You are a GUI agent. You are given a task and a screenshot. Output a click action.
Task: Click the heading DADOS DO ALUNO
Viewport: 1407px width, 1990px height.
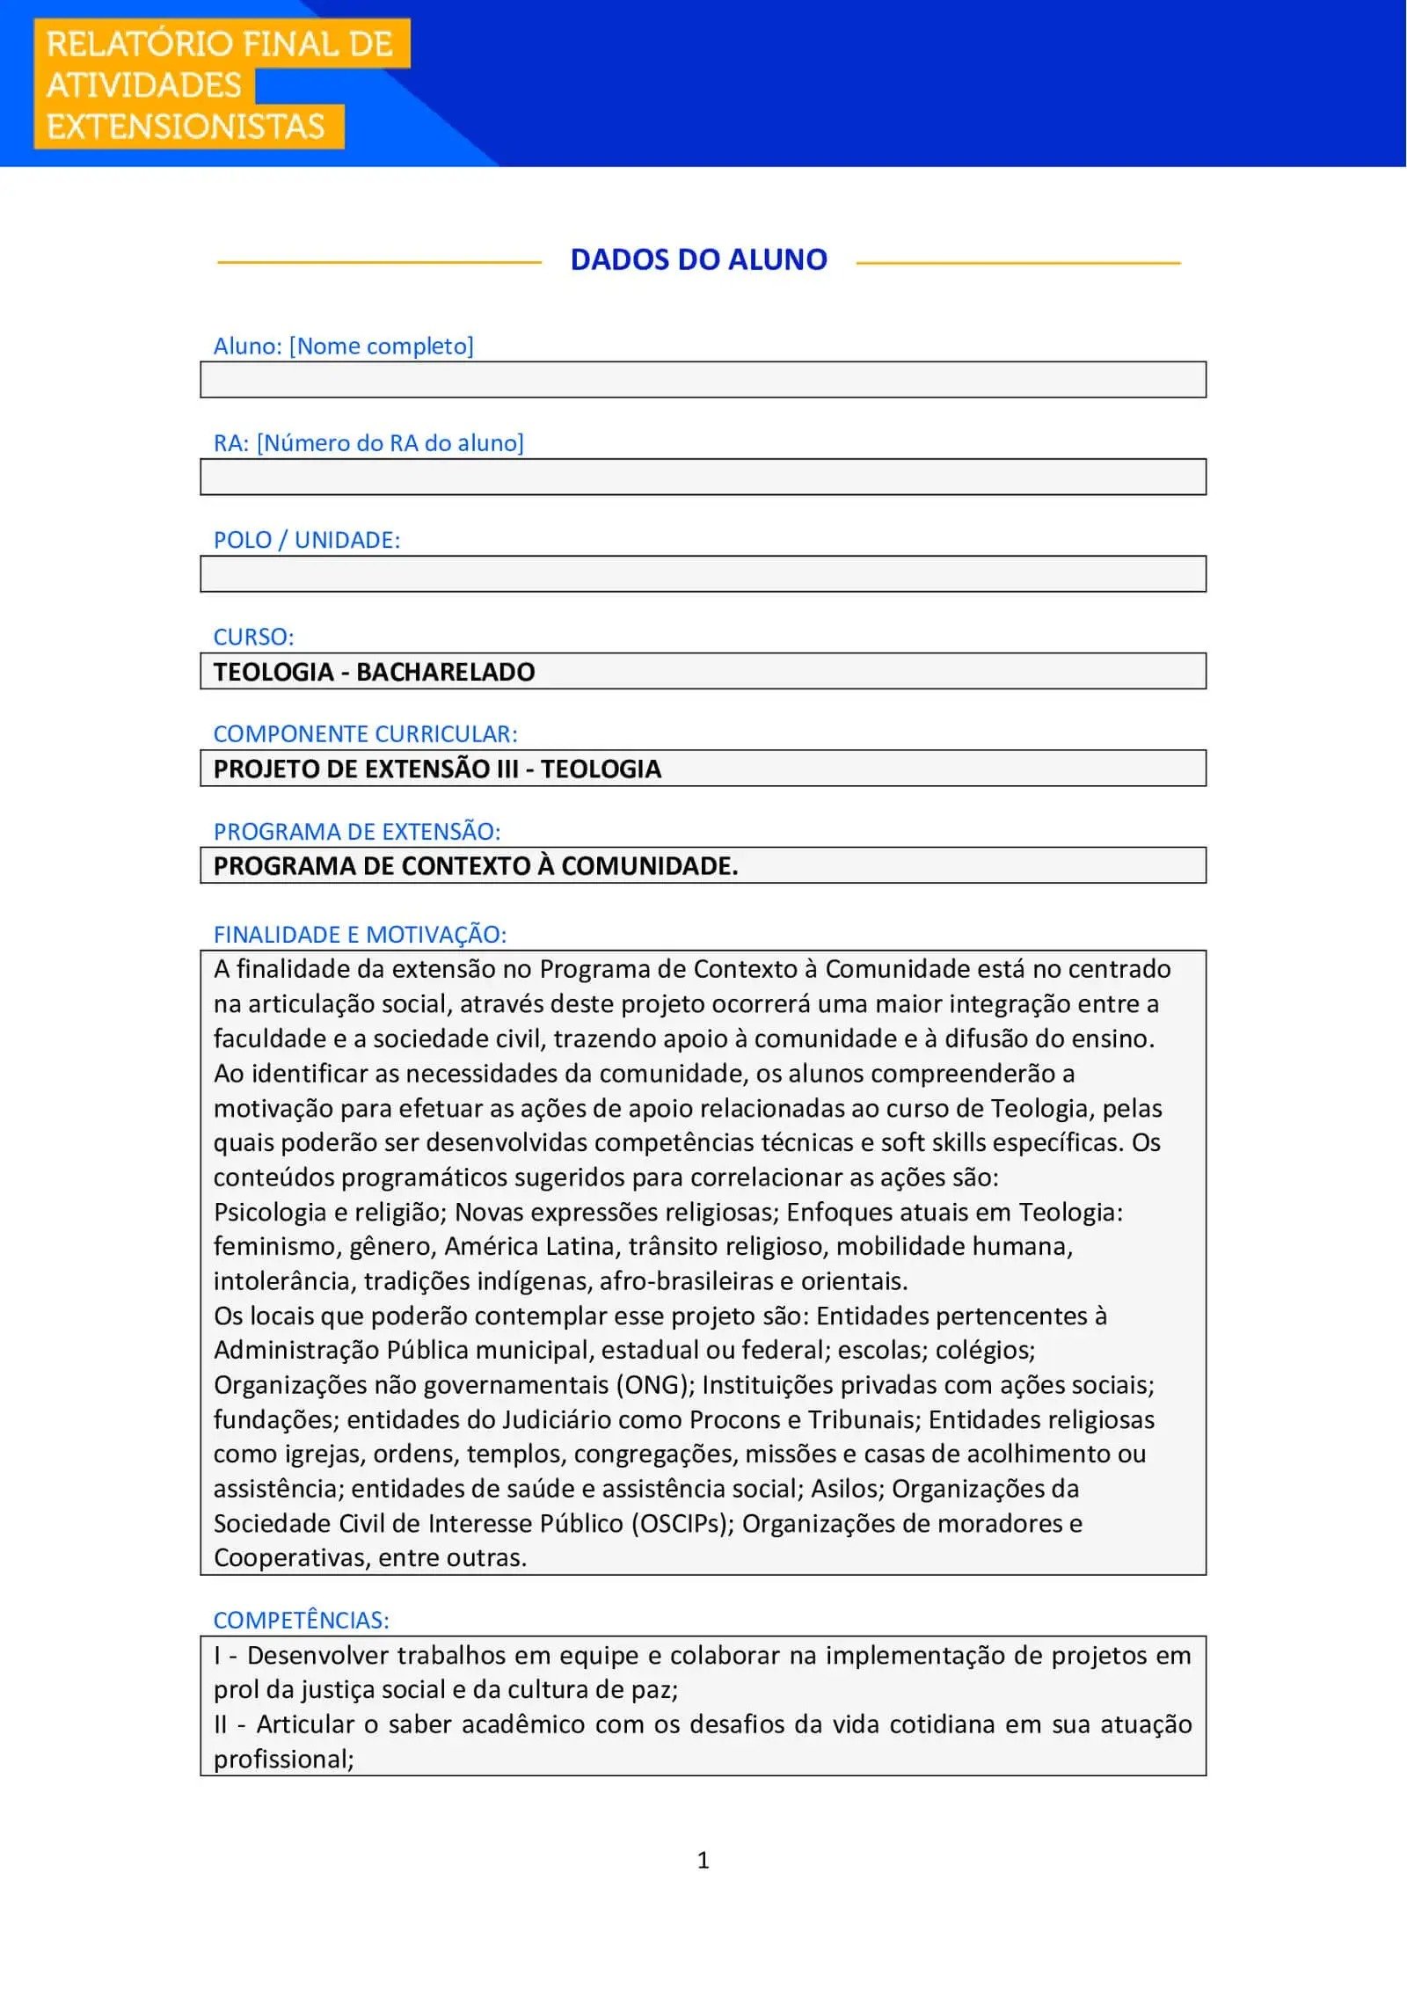(698, 259)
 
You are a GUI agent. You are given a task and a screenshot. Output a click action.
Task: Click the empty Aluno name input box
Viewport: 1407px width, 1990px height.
(703, 380)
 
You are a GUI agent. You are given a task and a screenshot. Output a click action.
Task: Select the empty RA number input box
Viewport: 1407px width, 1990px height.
(703, 477)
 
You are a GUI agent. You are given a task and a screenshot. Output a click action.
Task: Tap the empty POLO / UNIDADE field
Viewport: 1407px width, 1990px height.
(703, 573)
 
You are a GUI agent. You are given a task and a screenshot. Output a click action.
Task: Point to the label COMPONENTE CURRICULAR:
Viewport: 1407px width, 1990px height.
(365, 733)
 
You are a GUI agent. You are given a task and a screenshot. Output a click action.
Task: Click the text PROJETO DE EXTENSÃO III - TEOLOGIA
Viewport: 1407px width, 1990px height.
(437, 769)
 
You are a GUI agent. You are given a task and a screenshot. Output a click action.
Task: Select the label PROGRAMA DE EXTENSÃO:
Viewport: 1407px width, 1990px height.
(356, 831)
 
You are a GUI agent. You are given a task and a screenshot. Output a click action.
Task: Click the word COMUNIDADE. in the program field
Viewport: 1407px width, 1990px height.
(649, 866)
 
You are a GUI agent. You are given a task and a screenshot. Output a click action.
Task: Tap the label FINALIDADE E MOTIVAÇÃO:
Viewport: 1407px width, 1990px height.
(360, 934)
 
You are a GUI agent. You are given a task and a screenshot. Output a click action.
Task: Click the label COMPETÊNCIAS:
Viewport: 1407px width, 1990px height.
(301, 1620)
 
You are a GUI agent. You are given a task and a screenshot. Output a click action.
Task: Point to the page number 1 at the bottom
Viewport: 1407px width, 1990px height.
(703, 1860)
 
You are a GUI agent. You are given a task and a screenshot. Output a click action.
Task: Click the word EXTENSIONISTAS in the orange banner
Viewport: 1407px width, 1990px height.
(186, 127)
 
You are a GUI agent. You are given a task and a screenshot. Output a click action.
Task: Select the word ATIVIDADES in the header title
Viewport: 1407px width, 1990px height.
(144, 85)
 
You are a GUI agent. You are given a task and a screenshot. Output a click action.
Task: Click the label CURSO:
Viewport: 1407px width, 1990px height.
(253, 637)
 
